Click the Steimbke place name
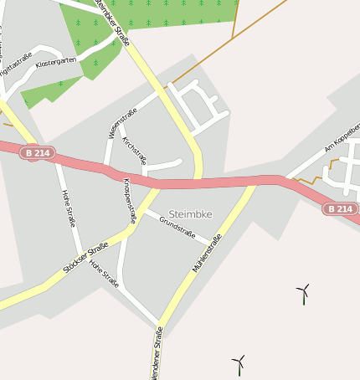point(190,214)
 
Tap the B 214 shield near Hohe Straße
point(37,153)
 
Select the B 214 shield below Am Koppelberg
point(340,208)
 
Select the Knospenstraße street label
point(130,199)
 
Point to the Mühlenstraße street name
point(207,254)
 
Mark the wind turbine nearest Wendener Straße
point(239,364)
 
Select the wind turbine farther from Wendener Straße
point(303,292)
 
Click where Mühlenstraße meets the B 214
point(253,182)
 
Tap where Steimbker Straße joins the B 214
point(198,178)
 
